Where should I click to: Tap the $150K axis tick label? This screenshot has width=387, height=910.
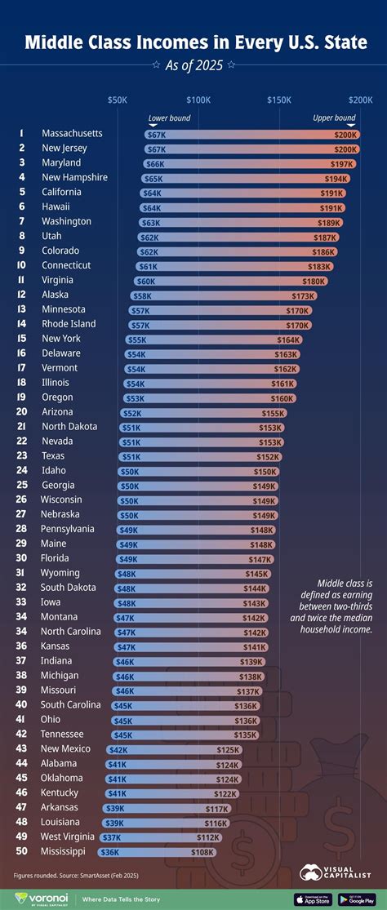click(x=279, y=99)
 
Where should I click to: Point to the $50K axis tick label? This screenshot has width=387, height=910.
click(x=117, y=99)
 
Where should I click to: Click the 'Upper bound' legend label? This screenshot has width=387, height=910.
click(x=334, y=118)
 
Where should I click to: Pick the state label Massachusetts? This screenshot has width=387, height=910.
click(x=72, y=133)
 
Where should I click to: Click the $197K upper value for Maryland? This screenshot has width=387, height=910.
click(x=342, y=163)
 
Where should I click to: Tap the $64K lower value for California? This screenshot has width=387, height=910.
click(x=152, y=193)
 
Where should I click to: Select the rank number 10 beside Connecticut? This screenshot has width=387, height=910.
click(x=21, y=265)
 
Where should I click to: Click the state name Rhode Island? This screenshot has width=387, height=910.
click(x=69, y=324)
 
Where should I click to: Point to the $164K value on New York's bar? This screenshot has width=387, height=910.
click(x=289, y=339)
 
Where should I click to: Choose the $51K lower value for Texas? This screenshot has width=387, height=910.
click(x=131, y=456)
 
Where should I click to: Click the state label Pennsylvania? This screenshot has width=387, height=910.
click(x=69, y=529)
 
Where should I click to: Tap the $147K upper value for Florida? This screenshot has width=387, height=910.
click(x=260, y=558)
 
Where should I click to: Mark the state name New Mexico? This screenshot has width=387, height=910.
click(x=66, y=749)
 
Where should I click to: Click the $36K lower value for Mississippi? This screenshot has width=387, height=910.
click(x=109, y=852)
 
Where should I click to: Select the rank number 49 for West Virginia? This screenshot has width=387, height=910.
click(x=21, y=837)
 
